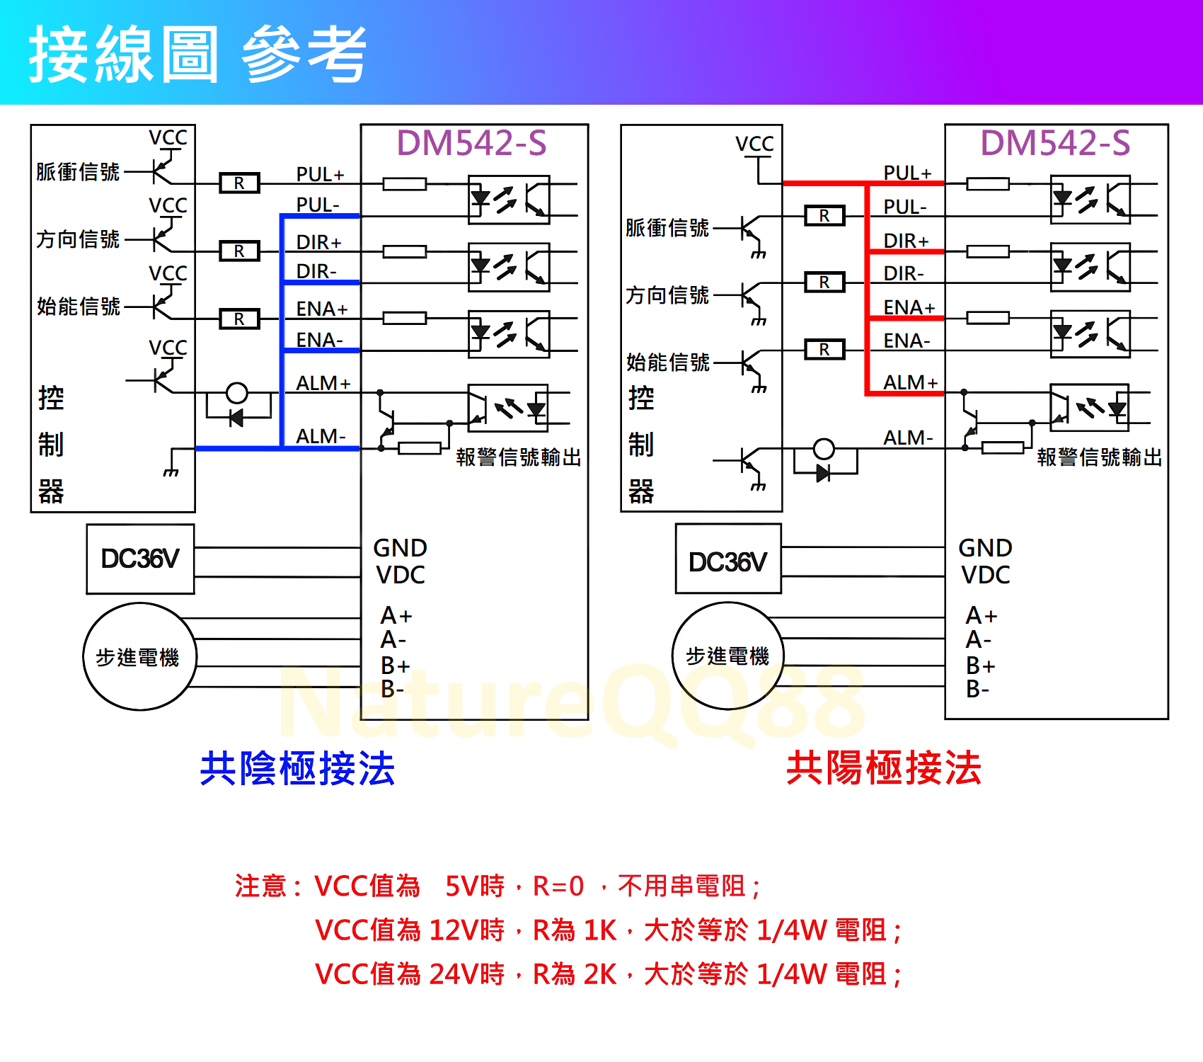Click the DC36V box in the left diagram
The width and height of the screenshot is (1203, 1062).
coord(140,559)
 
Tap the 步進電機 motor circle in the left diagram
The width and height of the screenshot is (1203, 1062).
coord(139,656)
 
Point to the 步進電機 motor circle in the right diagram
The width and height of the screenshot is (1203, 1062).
coord(727,656)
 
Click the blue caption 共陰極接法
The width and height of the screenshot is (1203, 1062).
coord(297,768)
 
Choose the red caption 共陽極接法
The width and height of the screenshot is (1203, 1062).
coord(884,768)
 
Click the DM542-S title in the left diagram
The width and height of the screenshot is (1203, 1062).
coord(471,143)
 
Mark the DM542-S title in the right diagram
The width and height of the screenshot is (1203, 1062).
coord(1054,143)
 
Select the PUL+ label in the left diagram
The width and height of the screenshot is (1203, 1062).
coord(320,174)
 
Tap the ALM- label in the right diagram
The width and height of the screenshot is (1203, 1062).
coord(908,438)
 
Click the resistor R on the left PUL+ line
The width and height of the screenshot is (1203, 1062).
coord(239,183)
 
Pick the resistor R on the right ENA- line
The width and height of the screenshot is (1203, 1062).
coord(824,350)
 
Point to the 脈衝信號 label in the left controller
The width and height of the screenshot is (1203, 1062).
coord(78,172)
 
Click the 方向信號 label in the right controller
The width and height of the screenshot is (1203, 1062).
coord(667,295)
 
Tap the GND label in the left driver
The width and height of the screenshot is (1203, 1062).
coord(400,548)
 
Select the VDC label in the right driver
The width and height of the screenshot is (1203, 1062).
coord(985,575)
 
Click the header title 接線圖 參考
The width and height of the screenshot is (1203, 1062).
coord(198,54)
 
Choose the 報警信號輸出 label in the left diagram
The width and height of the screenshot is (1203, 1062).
coord(518,457)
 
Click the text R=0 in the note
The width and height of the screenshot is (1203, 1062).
coord(558,886)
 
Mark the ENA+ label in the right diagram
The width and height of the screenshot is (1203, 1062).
coord(909,307)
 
